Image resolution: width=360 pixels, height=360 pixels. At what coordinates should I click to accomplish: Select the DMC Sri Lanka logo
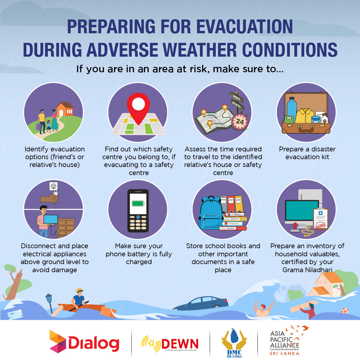[x=234, y=343]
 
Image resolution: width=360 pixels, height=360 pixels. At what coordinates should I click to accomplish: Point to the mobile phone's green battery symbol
[x=138, y=204]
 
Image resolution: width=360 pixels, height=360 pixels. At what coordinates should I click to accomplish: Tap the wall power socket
[x=53, y=186]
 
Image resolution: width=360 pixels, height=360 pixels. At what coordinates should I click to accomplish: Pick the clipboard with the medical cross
[x=320, y=219]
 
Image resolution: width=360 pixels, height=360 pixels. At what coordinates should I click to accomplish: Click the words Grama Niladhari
[x=307, y=270]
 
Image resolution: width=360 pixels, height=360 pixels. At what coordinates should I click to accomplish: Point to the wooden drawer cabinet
[x=66, y=228]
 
